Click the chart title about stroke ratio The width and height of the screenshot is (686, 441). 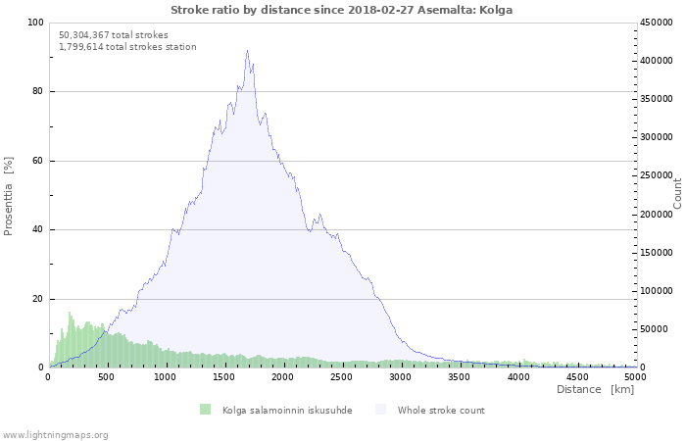pos(341,10)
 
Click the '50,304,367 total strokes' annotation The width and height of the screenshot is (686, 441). pos(114,34)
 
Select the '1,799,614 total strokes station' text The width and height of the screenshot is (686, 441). pos(127,46)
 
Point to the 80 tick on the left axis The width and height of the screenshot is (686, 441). pos(37,92)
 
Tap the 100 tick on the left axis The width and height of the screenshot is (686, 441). pos(35,23)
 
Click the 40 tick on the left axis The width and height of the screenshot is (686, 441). pos(37,230)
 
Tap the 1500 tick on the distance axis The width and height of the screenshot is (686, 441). pos(223,376)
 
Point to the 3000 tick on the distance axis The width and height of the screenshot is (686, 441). pos(400,376)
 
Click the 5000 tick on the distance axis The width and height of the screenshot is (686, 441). pos(634,376)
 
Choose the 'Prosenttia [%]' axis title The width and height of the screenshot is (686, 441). pos(9,195)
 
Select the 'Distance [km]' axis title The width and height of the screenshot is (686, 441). pos(595,389)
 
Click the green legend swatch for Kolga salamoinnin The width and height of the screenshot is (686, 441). pos(205,410)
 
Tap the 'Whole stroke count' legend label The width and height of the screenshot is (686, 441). pos(440,410)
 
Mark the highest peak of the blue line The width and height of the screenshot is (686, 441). pos(247,51)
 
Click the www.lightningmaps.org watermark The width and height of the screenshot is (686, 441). pos(55,434)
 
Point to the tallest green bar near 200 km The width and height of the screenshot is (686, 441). pos(69,313)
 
